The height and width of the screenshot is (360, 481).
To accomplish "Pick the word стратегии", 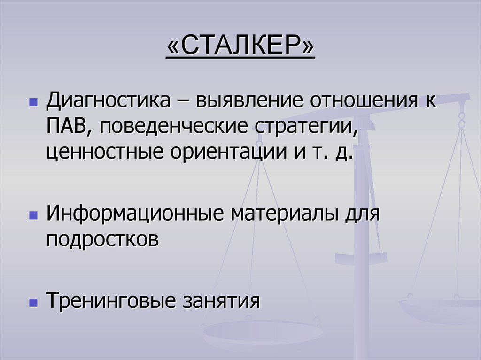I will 305,127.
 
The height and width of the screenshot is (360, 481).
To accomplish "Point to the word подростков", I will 102,240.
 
